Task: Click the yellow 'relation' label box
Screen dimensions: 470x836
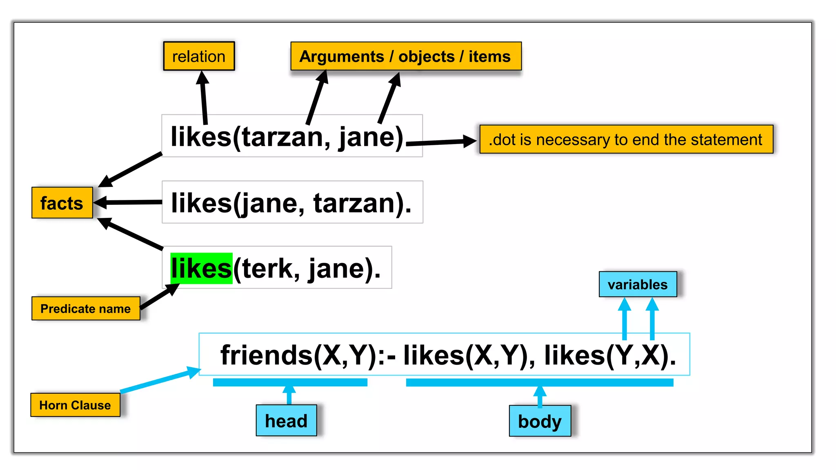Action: tap(199, 56)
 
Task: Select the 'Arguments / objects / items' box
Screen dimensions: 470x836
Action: tap(405, 56)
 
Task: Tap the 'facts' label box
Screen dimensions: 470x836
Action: tap(62, 203)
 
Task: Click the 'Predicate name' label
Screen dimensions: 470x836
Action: tap(86, 308)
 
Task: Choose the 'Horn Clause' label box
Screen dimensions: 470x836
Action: tap(75, 405)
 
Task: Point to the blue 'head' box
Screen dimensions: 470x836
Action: tap(286, 421)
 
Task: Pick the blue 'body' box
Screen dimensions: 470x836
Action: tap(540, 421)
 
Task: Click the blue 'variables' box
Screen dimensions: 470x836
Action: tap(638, 284)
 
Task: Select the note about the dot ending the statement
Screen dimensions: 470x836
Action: tap(626, 140)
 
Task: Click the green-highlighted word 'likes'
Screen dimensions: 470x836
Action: tap(201, 268)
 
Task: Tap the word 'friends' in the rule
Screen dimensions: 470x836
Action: tap(267, 355)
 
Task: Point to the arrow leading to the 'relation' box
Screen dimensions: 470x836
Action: tap(203, 98)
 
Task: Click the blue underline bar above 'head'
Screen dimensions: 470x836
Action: tap(290, 382)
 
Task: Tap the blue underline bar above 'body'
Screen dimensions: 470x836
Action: tap(539, 383)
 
